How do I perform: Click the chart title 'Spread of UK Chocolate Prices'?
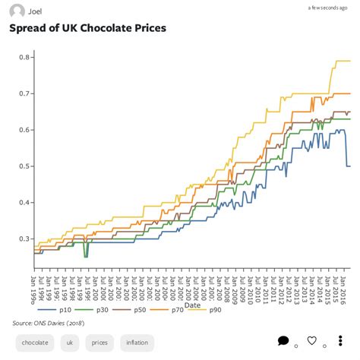click(87, 28)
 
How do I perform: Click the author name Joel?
click(35, 11)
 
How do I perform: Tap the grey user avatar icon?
click(17, 11)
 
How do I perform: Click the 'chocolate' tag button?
click(35, 343)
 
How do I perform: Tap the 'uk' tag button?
click(70, 343)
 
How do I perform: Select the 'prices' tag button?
click(99, 343)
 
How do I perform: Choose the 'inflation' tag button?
click(137, 343)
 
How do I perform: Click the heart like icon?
click(311, 341)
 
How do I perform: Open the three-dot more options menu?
click(340, 342)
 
